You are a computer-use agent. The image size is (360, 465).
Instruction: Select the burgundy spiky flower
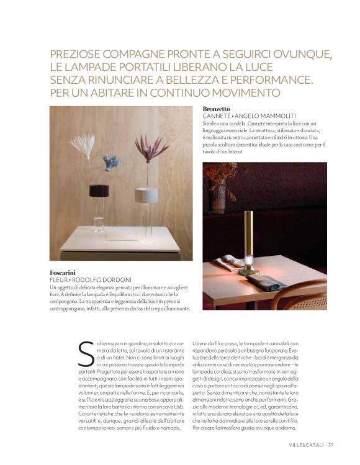coord(151,148)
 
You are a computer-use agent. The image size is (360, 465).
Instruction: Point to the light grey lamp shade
coord(146,195)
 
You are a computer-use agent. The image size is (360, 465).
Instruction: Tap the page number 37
coord(331,444)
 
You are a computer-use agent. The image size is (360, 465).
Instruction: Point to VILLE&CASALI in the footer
coord(307,444)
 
